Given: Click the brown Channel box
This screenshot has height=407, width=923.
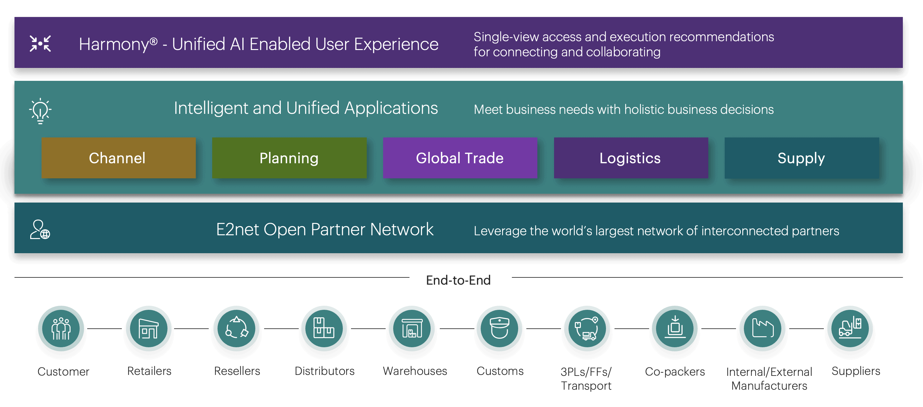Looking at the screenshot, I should [118, 158].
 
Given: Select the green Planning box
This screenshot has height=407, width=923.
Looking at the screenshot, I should [289, 158].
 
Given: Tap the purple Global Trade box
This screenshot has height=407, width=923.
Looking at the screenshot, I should [460, 158].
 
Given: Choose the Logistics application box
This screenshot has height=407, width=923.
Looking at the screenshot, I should [631, 158].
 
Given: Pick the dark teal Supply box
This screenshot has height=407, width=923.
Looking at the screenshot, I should [801, 158].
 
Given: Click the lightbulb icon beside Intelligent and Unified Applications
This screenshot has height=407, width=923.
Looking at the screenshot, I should [40, 111].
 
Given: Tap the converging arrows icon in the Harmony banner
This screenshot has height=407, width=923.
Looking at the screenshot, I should [40, 44].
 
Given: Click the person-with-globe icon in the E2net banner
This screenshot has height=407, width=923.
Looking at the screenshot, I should [40, 230].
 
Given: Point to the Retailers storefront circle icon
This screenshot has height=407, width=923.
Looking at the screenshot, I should [149, 328].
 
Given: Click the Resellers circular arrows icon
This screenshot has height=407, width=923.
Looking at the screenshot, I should [236, 328].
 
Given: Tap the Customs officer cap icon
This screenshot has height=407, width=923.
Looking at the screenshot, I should [500, 328].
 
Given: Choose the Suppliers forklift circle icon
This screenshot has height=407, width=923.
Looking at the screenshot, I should [850, 328].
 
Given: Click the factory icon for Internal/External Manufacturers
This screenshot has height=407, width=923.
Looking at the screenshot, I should [762, 328].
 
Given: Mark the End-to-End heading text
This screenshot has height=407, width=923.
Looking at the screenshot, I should [458, 280].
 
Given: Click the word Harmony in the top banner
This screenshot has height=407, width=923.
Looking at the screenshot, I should [114, 44].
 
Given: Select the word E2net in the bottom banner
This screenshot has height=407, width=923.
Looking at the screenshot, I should [237, 230].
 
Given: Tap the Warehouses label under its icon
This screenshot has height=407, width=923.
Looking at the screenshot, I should [415, 371].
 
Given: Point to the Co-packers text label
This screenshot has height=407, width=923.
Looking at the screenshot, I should [675, 371].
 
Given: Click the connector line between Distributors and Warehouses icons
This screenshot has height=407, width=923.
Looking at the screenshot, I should [368, 328].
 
